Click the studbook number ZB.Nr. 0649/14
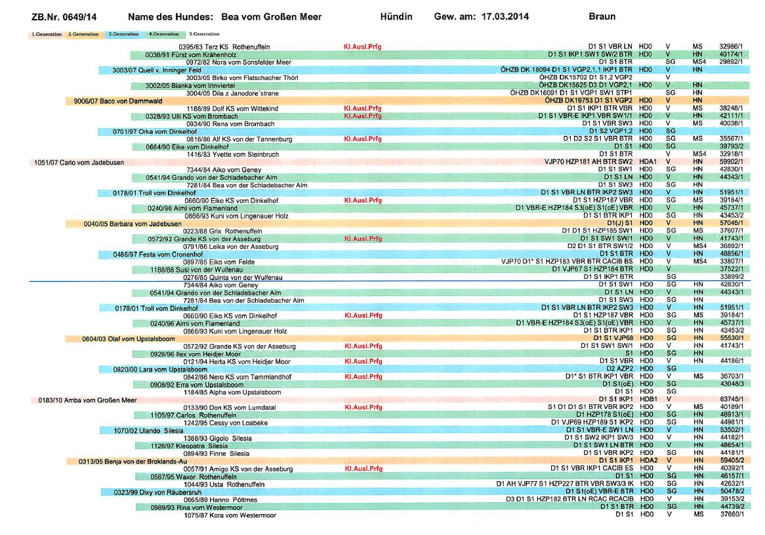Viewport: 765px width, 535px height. [64, 17]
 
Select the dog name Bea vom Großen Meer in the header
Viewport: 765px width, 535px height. [271, 17]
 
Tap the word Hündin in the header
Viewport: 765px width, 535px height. [396, 16]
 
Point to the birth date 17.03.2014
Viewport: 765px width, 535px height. [505, 16]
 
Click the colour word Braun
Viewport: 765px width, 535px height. [602, 16]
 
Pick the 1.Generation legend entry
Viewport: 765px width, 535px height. [47, 34]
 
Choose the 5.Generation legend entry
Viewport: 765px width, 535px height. [205, 34]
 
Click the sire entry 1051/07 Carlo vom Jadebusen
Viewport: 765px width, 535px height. [79, 163]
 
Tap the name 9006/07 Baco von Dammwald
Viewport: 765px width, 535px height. [118, 101]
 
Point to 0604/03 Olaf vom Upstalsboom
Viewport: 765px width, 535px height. [129, 339]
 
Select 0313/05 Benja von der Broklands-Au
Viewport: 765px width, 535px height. [133, 461]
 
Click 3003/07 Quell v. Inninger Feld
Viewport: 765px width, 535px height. [157, 70]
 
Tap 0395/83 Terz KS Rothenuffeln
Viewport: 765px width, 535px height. [224, 47]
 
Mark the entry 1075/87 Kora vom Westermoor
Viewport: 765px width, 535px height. [230, 515]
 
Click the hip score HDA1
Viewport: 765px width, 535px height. [648, 161]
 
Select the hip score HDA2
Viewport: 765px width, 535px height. [649, 460]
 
